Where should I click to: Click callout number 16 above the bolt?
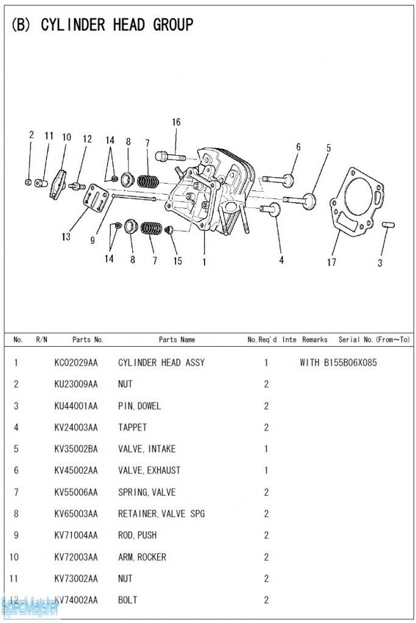(x=176, y=122)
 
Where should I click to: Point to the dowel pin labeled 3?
(x=388, y=224)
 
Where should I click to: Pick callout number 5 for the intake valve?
(x=328, y=148)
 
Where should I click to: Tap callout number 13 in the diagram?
(x=66, y=237)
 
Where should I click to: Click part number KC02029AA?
(x=76, y=363)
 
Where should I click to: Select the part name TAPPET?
(x=132, y=427)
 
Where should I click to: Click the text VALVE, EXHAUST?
(x=149, y=470)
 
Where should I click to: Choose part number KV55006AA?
(x=76, y=492)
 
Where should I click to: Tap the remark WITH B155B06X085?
(x=338, y=363)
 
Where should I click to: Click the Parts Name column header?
(x=177, y=339)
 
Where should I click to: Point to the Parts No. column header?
(x=88, y=339)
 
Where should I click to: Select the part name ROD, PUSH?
(x=137, y=535)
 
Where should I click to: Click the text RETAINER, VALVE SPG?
(x=161, y=513)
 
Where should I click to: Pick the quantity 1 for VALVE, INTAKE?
(x=266, y=449)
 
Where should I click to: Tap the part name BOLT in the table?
(x=128, y=600)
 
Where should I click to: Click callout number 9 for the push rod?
(x=93, y=240)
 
